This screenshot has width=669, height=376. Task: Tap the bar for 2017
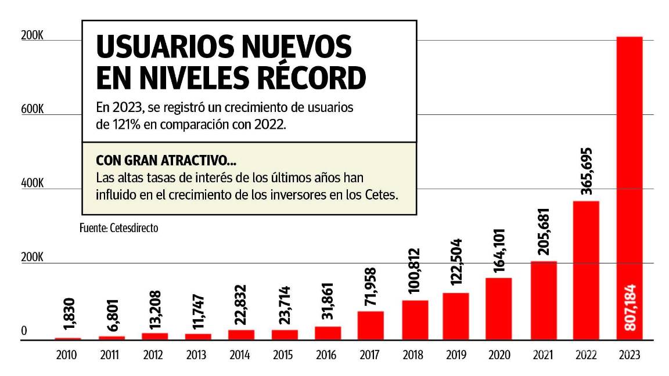(371, 326)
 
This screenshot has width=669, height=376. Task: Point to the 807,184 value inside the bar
(630, 308)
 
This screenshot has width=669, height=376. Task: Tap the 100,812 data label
(415, 273)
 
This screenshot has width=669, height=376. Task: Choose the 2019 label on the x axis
(456, 355)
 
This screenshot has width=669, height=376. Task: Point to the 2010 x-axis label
(67, 355)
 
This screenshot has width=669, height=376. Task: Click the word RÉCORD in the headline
(310, 79)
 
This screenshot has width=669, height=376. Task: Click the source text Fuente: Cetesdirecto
(118, 229)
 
